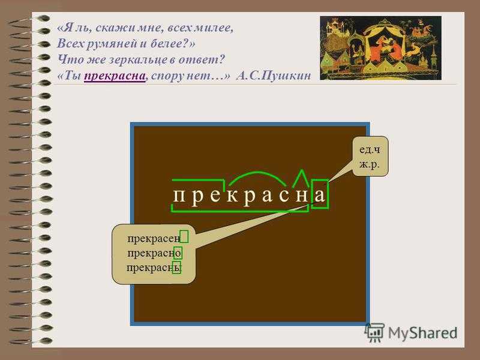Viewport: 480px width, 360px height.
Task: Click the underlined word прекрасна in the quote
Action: [115, 76]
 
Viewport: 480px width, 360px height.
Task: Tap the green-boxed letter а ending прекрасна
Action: [320, 194]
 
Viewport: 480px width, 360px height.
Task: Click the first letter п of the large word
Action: [179, 196]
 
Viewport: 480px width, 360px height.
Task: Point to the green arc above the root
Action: [257, 173]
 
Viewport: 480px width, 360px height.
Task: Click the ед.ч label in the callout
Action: [370, 149]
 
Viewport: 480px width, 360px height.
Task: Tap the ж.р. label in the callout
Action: [370, 164]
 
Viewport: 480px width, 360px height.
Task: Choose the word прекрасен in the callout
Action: [154, 238]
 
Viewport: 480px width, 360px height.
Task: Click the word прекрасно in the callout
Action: [154, 253]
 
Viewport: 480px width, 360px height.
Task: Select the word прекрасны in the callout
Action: [154, 268]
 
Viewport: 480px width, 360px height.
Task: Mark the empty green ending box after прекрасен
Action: [184, 236]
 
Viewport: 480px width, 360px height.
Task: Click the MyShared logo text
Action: [423, 333]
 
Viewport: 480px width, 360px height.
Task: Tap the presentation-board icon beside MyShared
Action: [374, 332]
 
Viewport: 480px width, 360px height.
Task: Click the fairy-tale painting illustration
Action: [380, 48]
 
